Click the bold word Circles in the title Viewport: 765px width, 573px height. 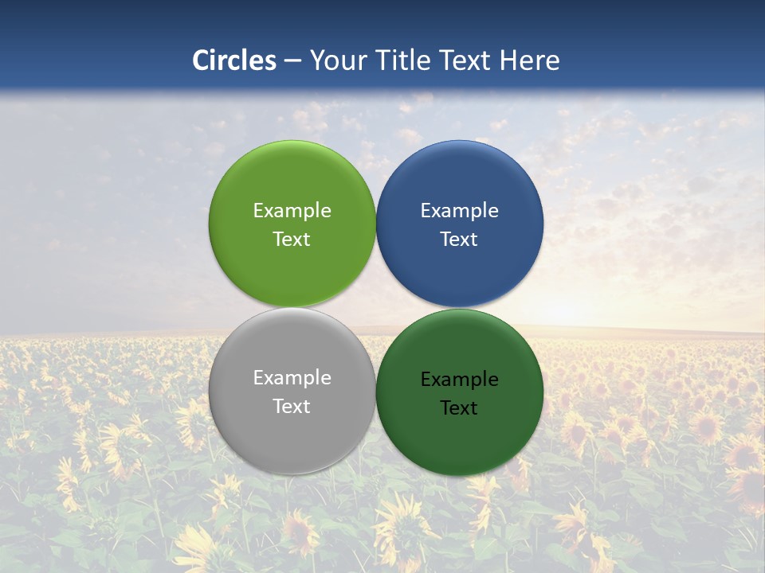(234, 60)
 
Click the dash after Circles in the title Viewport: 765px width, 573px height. (292, 61)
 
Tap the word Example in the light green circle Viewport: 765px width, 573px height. (292, 211)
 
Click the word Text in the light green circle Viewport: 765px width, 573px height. (292, 240)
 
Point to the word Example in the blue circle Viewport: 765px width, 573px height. (460, 211)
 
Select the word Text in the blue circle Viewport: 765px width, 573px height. (460, 240)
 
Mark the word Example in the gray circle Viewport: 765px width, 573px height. (292, 378)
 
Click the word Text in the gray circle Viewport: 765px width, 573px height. (292, 407)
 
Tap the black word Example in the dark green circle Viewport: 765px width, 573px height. (460, 380)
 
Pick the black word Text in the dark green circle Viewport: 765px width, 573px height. (460, 408)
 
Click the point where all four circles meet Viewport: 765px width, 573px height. (376, 307)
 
